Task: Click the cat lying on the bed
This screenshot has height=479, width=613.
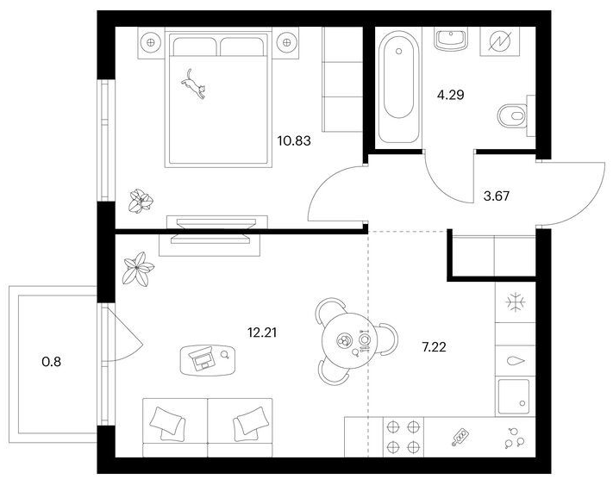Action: (x=193, y=84)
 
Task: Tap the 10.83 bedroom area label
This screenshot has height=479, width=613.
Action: (x=294, y=140)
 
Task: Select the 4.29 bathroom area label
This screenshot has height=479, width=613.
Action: (x=450, y=95)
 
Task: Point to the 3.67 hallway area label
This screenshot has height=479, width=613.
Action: (x=497, y=196)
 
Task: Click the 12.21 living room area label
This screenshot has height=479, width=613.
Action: (x=262, y=333)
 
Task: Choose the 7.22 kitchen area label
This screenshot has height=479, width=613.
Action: (x=434, y=346)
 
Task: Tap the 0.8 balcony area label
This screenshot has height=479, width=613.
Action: (x=51, y=362)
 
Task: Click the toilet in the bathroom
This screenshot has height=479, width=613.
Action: (x=512, y=115)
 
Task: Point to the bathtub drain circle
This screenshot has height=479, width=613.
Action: (x=399, y=51)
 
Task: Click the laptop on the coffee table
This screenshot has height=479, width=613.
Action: (x=202, y=358)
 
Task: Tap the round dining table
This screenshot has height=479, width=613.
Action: (x=344, y=340)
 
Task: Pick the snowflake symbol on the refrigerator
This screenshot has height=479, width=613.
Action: (x=516, y=302)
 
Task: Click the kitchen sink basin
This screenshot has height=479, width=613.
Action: (x=513, y=396)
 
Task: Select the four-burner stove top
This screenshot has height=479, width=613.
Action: (x=403, y=437)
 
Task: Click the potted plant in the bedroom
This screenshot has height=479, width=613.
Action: (x=141, y=202)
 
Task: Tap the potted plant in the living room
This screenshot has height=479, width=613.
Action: (x=138, y=269)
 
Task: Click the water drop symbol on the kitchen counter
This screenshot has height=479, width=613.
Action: (x=516, y=361)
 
